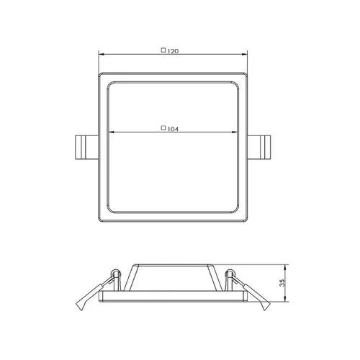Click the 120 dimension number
173,51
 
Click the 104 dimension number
173,129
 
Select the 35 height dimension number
282,283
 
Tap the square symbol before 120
163,50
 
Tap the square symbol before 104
163,128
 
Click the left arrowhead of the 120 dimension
102,54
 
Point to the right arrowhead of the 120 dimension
245,54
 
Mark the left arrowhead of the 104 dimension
112,132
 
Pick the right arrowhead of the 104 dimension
235,132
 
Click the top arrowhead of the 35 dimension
285,267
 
